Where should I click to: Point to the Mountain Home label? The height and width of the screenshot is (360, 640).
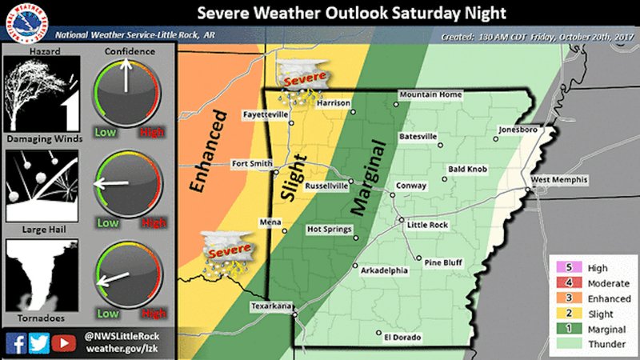pos(430,95)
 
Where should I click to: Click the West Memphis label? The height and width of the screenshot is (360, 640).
pos(558,179)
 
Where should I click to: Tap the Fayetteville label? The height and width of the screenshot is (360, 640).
pos(266,115)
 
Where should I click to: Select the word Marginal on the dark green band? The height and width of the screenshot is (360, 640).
pos(369,178)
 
